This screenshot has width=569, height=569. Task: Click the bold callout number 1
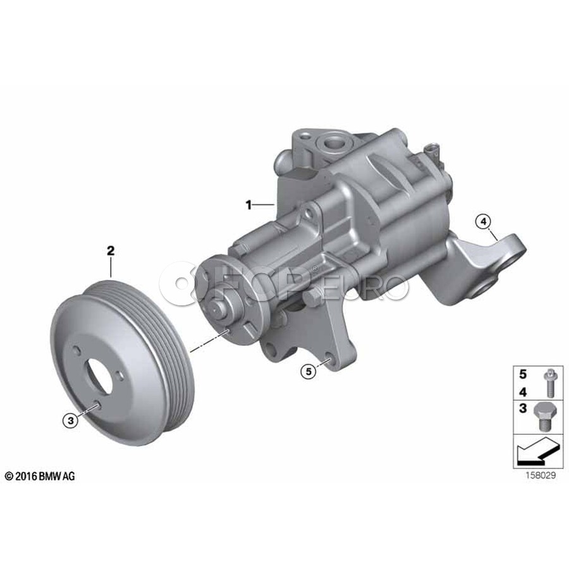click(248, 205)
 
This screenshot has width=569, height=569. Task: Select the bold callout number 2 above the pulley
click(111, 250)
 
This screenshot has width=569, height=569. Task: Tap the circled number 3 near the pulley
click(70, 420)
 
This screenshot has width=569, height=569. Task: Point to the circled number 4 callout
click(484, 221)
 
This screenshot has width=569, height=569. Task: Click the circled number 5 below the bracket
click(309, 371)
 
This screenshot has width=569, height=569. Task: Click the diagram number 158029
click(541, 475)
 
